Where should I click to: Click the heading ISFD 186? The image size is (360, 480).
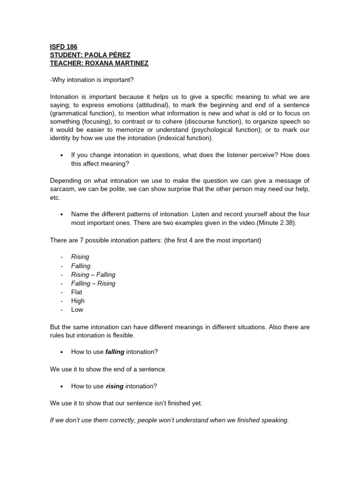click(x=63, y=46)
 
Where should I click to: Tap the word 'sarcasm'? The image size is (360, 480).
click(x=62, y=189)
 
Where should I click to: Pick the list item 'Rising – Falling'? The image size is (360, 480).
click(x=93, y=275)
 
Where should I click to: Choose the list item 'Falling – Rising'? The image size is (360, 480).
click(x=93, y=283)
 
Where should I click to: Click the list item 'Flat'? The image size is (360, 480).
click(x=76, y=292)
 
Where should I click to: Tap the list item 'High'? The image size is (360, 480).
click(x=78, y=301)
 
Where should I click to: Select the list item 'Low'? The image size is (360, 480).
click(x=77, y=309)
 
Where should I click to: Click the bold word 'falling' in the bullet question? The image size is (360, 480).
click(x=115, y=352)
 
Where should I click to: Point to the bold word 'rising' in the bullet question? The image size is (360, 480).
click(x=114, y=386)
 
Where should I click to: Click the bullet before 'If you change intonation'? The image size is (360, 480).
click(x=61, y=156)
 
